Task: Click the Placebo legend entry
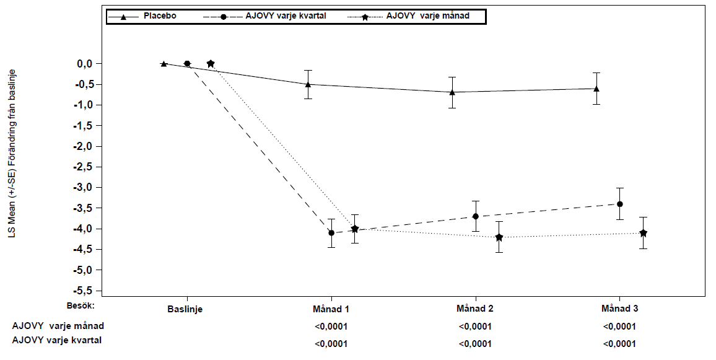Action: pos(142,17)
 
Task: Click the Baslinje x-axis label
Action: pos(185,309)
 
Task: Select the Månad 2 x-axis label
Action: pos(475,309)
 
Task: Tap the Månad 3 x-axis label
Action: pos(619,309)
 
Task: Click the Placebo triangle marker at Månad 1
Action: pos(308,84)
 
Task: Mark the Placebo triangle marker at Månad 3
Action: pos(596,88)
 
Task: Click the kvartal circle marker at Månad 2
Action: pos(475,216)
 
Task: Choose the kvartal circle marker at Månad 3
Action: pos(619,204)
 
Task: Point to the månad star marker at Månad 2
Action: pos(499,237)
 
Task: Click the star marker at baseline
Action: pos(211,63)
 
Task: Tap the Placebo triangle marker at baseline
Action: pos(164,63)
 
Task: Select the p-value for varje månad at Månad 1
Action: pos(331,327)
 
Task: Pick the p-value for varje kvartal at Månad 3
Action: pos(619,344)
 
